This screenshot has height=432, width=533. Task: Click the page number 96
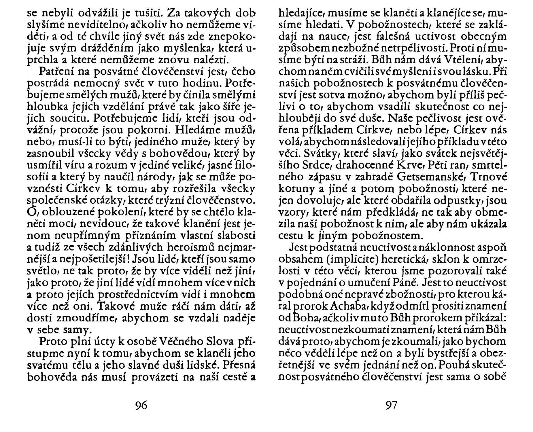point(141,405)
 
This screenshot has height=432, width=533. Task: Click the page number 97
point(391,405)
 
